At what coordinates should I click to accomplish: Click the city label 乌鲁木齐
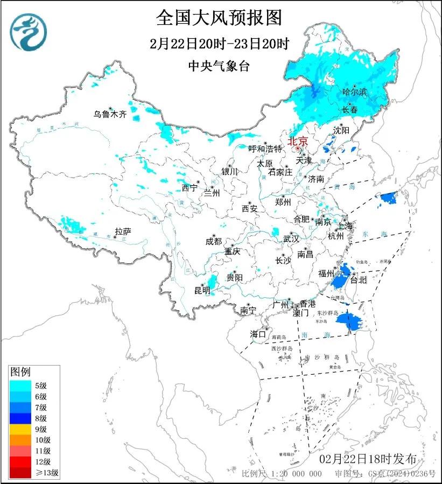(109, 114)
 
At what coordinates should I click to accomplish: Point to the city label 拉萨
(123, 232)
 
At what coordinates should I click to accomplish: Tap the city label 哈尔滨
(354, 93)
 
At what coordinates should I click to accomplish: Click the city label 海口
(258, 334)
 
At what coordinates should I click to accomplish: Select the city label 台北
(357, 280)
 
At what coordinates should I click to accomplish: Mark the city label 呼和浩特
(265, 149)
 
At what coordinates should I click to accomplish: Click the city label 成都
(213, 242)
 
